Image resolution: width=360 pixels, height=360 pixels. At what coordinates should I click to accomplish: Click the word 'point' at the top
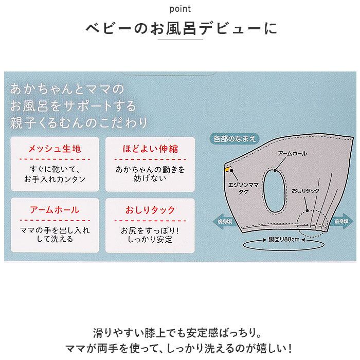(180, 9)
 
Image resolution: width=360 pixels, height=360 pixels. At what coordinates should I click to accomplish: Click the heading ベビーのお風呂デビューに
(180, 28)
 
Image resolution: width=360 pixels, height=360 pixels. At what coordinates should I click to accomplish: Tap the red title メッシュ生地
(54, 149)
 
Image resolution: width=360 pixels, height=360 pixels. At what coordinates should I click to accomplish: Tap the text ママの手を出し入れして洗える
(54, 234)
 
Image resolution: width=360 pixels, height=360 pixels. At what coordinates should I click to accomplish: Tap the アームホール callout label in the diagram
(292, 154)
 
